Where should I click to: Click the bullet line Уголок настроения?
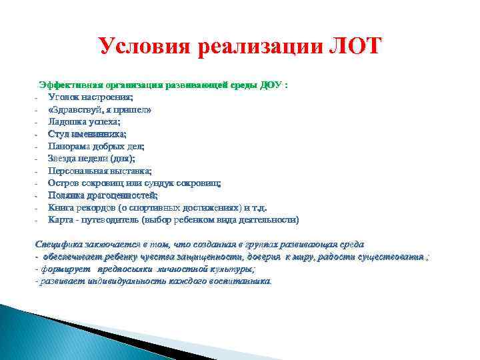[86, 97]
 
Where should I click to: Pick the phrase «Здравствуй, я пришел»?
[99, 110]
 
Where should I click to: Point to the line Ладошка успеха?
[84, 122]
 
